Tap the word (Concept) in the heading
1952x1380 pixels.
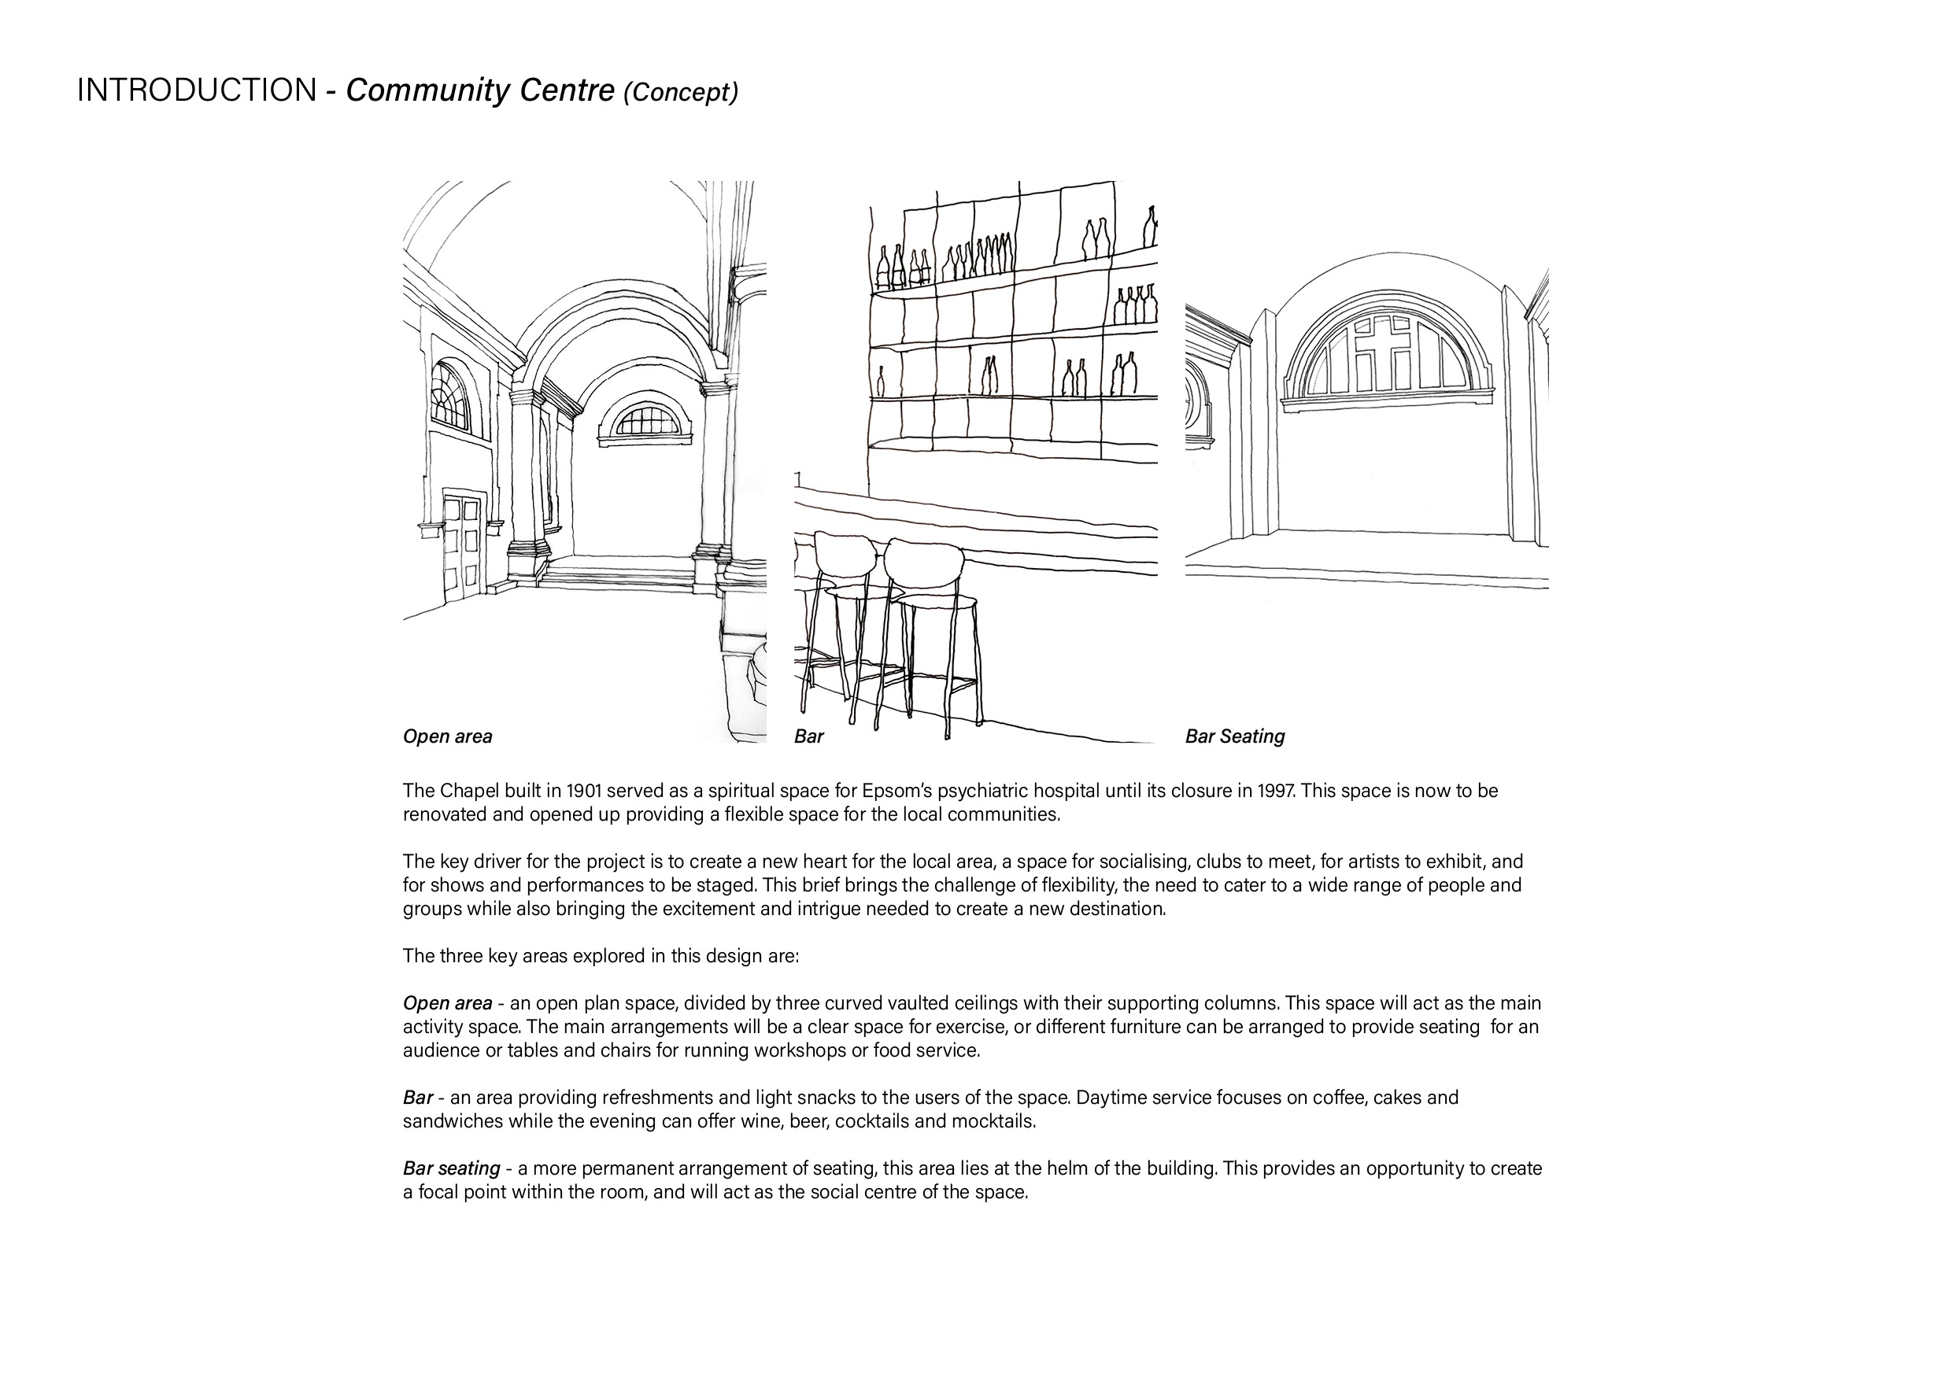[680, 92]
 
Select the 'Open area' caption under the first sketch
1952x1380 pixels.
[447, 736]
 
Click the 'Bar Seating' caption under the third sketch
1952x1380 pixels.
[1234, 736]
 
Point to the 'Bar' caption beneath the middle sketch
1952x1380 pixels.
[808, 736]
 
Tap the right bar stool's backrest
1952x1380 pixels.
[922, 562]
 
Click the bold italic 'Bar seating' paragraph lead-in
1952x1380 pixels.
[452, 1168]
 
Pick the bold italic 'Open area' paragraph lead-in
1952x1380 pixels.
[447, 1004]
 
